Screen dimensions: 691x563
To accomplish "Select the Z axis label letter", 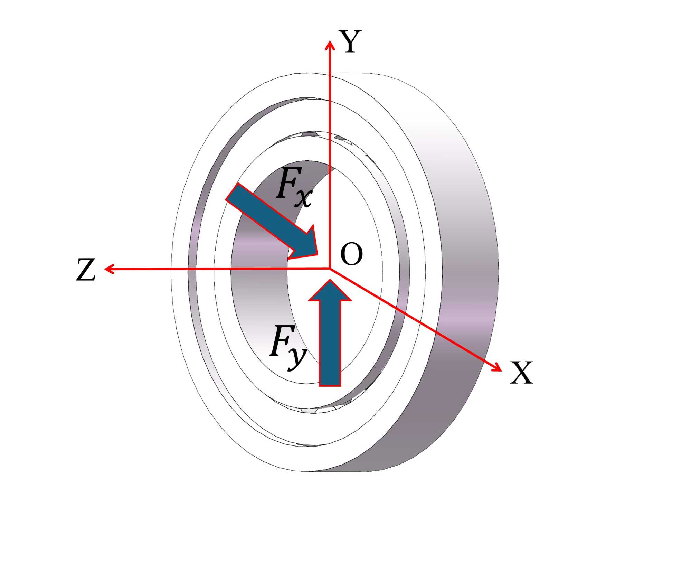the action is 85,270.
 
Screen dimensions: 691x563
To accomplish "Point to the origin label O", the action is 351,254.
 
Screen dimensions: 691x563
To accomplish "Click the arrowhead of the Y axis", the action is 330,44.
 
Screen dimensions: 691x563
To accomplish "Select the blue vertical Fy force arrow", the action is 330,339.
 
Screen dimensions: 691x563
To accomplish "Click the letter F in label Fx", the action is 289,183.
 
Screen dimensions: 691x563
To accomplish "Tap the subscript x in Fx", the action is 304,199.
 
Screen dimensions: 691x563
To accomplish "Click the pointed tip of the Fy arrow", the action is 330,281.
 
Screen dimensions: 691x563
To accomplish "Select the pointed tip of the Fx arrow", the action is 317,255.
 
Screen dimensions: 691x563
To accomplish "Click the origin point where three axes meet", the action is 330,268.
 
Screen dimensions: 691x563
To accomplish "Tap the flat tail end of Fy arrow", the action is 330,385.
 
